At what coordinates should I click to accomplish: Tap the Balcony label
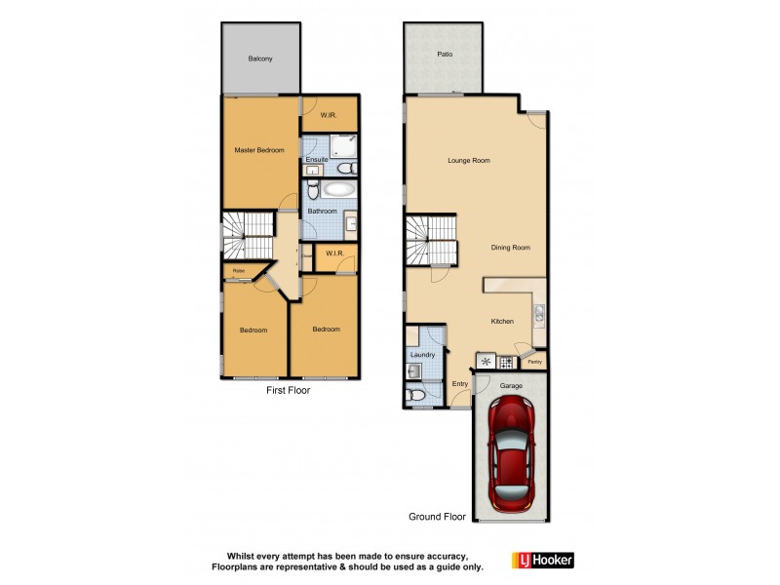click(260, 59)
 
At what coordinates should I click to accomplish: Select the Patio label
click(444, 55)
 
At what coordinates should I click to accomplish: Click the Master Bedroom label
click(259, 150)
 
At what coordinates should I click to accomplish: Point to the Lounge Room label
click(468, 161)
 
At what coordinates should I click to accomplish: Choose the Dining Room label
click(510, 248)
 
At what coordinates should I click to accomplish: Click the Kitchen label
click(502, 322)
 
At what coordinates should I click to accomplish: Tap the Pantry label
click(533, 363)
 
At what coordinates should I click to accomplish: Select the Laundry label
click(423, 355)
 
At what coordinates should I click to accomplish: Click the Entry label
click(460, 383)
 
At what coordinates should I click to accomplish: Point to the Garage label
click(511, 386)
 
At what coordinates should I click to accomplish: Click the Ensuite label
click(316, 159)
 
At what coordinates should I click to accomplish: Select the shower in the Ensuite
click(342, 146)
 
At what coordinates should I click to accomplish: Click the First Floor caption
click(289, 390)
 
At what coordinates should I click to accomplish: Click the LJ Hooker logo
click(543, 560)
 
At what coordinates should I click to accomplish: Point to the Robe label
click(238, 271)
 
